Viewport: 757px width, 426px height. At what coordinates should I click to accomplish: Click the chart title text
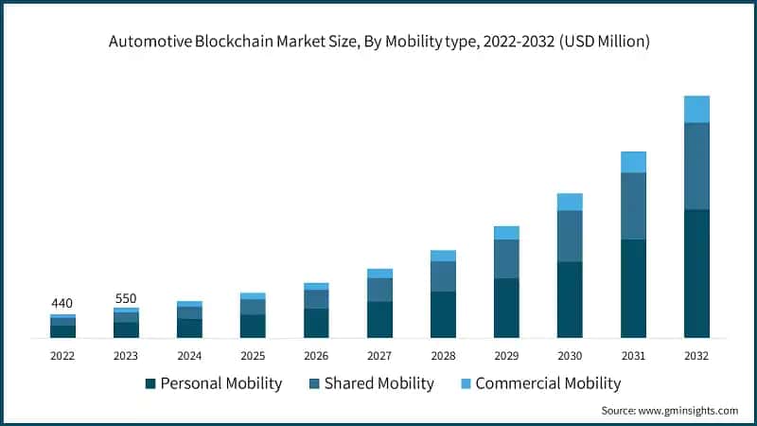[378, 42]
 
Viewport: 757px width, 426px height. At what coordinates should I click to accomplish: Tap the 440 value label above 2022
[62, 303]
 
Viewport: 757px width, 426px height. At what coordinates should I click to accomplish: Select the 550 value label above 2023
[126, 298]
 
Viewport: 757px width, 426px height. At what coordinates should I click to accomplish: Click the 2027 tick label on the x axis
[379, 355]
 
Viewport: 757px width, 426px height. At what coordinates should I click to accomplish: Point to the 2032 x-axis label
[696, 355]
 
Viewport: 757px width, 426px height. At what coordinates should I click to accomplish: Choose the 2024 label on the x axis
[189, 355]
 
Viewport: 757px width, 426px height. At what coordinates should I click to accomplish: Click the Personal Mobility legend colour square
[150, 383]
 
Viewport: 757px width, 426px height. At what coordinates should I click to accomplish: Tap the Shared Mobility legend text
[378, 383]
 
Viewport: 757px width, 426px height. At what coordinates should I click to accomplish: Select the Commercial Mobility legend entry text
[548, 383]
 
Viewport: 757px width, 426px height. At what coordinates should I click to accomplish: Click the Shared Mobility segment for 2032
[696, 166]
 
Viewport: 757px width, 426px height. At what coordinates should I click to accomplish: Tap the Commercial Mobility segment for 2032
[696, 109]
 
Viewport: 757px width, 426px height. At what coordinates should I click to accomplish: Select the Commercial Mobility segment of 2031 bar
[633, 162]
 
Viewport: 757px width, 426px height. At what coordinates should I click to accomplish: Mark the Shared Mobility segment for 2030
[570, 236]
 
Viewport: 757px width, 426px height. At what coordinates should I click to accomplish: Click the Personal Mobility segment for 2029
[506, 308]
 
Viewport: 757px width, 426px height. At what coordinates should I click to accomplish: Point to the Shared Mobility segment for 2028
[443, 276]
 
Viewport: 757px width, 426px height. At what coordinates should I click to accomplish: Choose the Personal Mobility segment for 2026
[316, 323]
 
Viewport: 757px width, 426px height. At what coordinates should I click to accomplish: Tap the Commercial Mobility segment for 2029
[506, 233]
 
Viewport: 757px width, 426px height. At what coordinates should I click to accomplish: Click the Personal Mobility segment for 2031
[633, 288]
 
